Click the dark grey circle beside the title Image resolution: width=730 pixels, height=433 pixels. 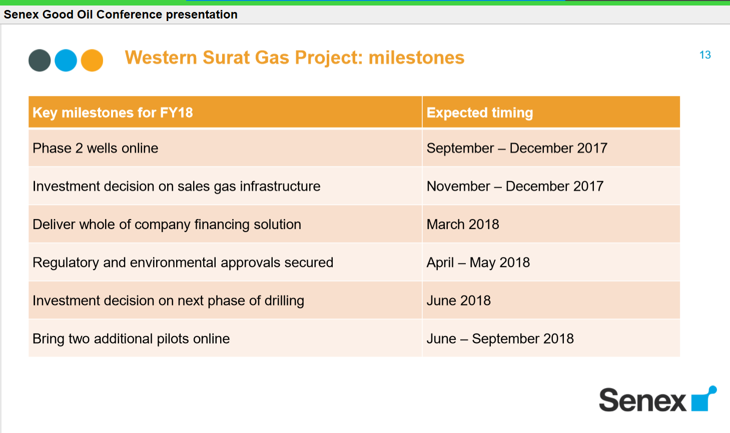[x=40, y=60]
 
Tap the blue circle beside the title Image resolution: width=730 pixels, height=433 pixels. [x=66, y=60]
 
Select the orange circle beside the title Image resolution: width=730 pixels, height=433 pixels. [x=92, y=60]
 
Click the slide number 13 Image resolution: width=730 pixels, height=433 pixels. [x=705, y=54]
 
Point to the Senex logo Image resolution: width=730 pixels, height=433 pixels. [x=657, y=399]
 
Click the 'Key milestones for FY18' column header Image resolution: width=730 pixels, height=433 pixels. [x=113, y=112]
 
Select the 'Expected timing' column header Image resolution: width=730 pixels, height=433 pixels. [x=480, y=112]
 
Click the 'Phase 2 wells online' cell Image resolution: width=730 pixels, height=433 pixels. [x=95, y=148]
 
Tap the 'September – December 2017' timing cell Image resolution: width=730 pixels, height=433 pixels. [x=517, y=148]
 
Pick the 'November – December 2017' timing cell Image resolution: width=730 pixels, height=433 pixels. [x=515, y=186]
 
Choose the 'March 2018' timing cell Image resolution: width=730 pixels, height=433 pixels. [x=463, y=224]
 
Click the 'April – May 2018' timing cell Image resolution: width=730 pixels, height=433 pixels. [x=478, y=262]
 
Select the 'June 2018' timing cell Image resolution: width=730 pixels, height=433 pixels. [x=458, y=300]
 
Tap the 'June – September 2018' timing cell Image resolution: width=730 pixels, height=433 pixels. [x=500, y=338]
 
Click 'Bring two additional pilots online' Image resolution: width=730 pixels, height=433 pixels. [x=131, y=338]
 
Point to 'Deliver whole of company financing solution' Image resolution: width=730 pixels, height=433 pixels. [x=167, y=224]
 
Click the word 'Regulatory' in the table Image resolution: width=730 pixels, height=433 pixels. [x=66, y=262]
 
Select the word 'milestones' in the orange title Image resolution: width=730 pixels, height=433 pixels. [x=416, y=57]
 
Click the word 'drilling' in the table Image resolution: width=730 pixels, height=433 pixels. [x=284, y=300]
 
